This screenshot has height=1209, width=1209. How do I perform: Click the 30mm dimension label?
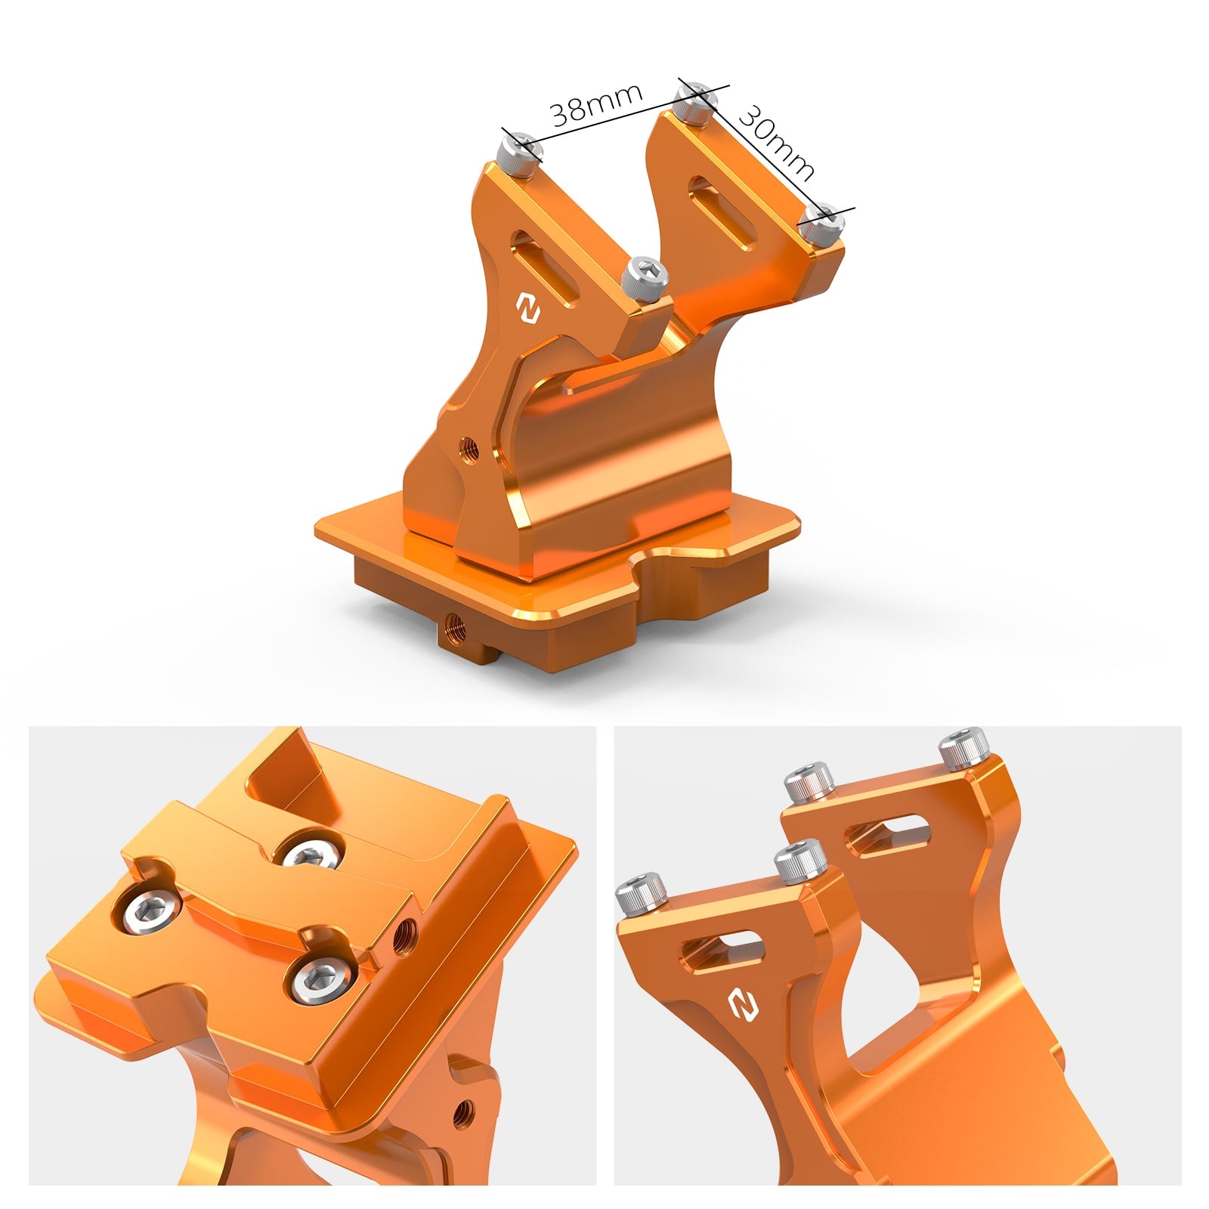pyautogui.click(x=775, y=141)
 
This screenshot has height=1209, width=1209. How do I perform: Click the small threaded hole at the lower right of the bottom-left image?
pyautogui.click(x=463, y=1111)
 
